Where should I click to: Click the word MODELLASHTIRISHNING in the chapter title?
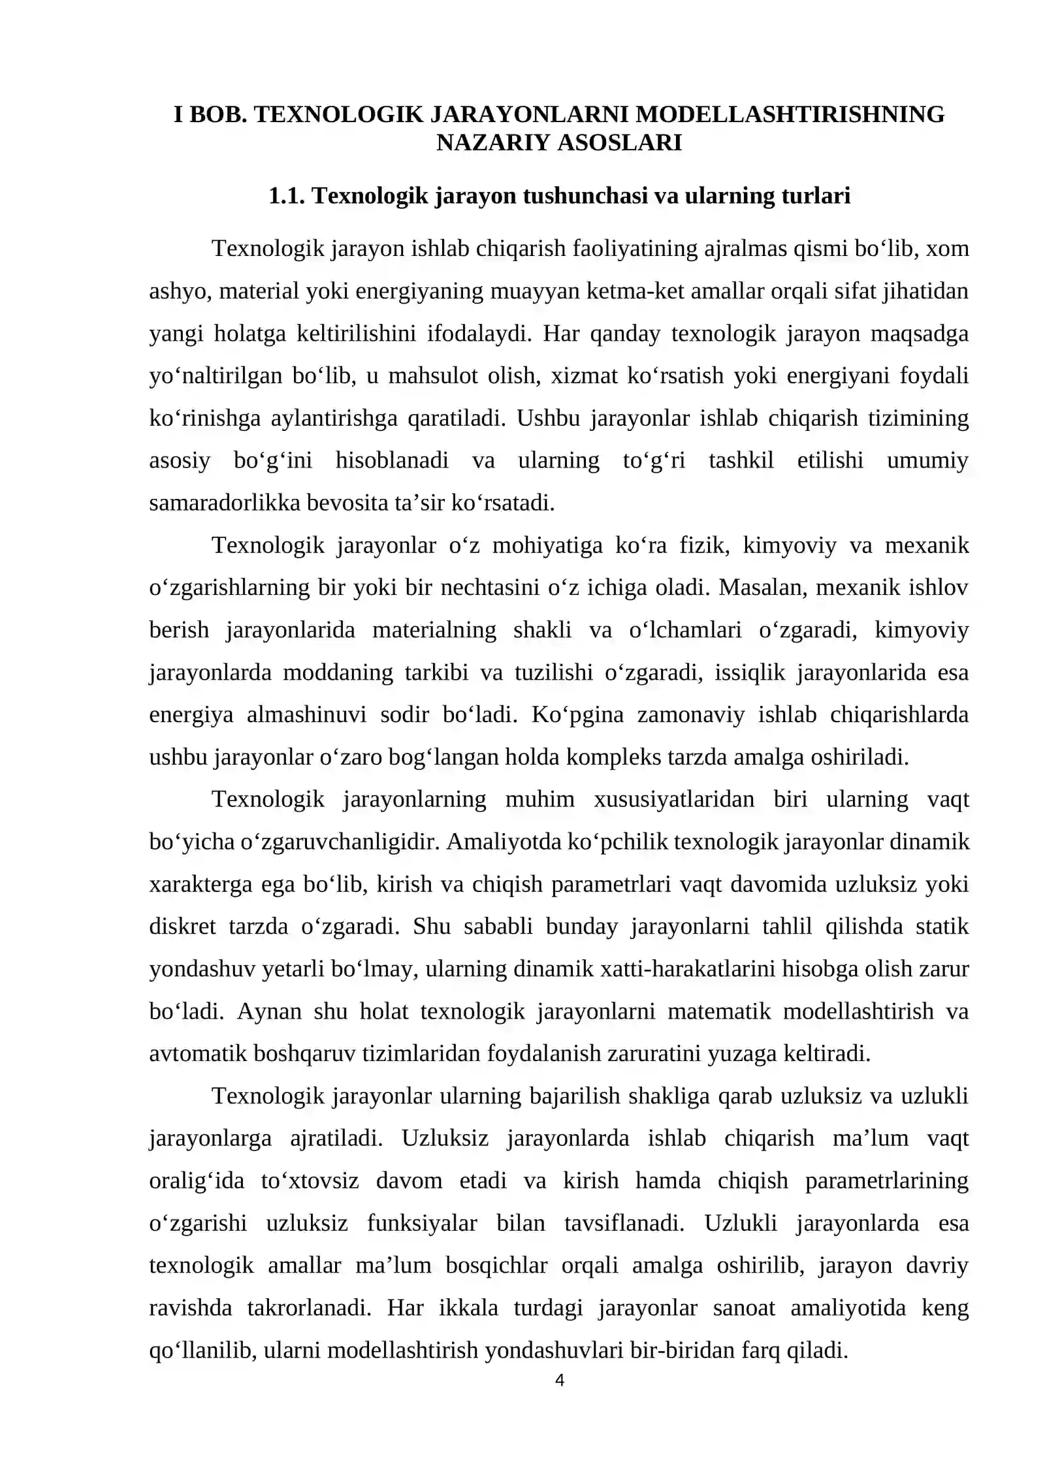pyautogui.click(x=790, y=114)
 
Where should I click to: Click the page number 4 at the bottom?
pyautogui.click(x=559, y=1380)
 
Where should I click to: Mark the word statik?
pyautogui.click(x=940, y=927)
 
